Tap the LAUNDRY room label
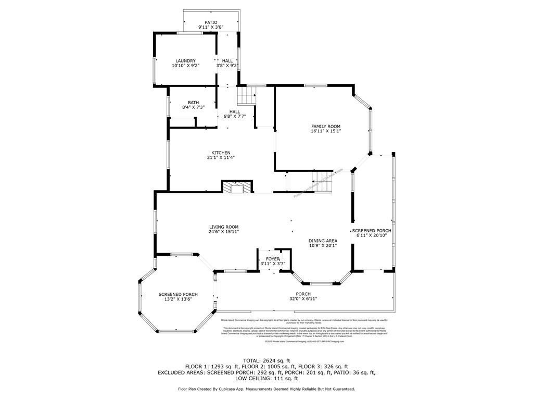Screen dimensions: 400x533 (185, 61)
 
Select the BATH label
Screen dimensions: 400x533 (193, 103)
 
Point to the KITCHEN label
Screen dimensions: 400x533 (221, 153)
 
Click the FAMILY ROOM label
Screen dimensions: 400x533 (326, 127)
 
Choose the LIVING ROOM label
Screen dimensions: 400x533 (224, 227)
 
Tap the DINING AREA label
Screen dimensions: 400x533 (323, 241)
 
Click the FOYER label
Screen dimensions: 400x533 (273, 259)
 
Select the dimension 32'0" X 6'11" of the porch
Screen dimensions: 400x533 (303, 299)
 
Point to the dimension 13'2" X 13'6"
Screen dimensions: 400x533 (178, 299)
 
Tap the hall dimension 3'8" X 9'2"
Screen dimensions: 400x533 (227, 66)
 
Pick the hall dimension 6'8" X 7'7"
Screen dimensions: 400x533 (235, 117)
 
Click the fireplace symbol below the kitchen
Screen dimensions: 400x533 (237, 187)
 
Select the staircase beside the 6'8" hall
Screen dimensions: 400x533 (247, 96)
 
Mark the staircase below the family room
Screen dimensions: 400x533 (322, 182)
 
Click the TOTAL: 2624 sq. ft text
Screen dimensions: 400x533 (266, 360)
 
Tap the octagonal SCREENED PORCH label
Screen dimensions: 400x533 (178, 294)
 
